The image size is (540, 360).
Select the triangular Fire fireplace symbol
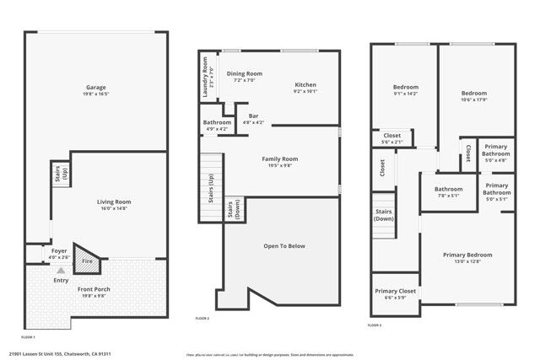(85, 259)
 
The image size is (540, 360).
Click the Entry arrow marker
(60, 271)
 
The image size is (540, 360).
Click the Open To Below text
(284, 246)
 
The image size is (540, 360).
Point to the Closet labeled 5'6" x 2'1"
(392, 138)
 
